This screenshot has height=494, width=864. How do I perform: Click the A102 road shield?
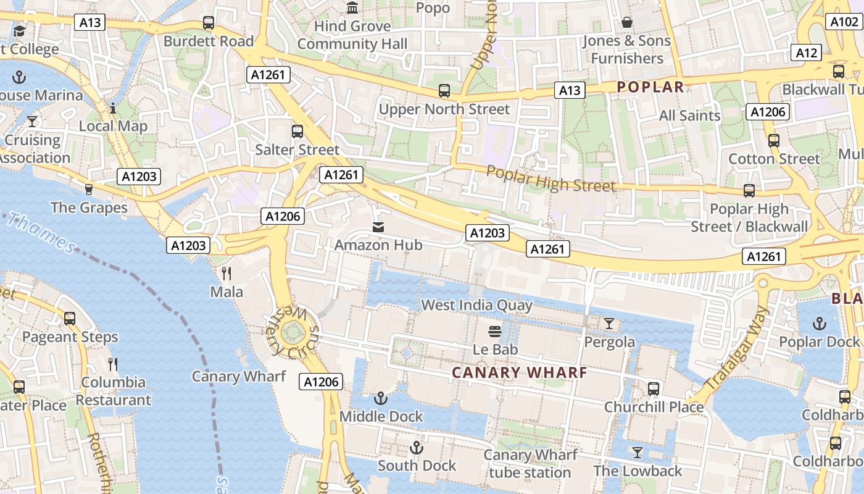(843, 22)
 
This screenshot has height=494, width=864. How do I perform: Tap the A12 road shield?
(807, 52)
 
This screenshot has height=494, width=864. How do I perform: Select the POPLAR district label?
(650, 87)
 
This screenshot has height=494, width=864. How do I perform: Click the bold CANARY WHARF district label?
(520, 373)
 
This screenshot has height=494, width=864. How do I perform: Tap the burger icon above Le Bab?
(494, 332)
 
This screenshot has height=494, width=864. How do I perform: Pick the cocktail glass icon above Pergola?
(609, 324)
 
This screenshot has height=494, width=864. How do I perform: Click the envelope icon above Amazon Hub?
(378, 227)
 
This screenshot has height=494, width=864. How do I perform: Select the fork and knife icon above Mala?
(226, 273)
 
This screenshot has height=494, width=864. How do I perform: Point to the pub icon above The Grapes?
(89, 189)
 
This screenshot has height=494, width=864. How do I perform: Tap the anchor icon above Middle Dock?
(381, 398)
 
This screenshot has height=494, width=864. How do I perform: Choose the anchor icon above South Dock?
(417, 447)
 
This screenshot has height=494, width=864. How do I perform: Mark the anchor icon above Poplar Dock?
(819, 324)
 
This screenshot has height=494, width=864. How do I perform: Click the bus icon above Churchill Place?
(654, 389)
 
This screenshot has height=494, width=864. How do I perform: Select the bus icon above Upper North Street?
(444, 91)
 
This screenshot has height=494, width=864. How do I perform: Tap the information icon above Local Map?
(113, 108)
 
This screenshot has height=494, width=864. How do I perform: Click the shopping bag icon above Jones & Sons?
(627, 23)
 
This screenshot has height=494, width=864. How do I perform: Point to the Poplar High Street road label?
(550, 178)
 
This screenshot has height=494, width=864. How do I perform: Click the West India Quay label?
(476, 305)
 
